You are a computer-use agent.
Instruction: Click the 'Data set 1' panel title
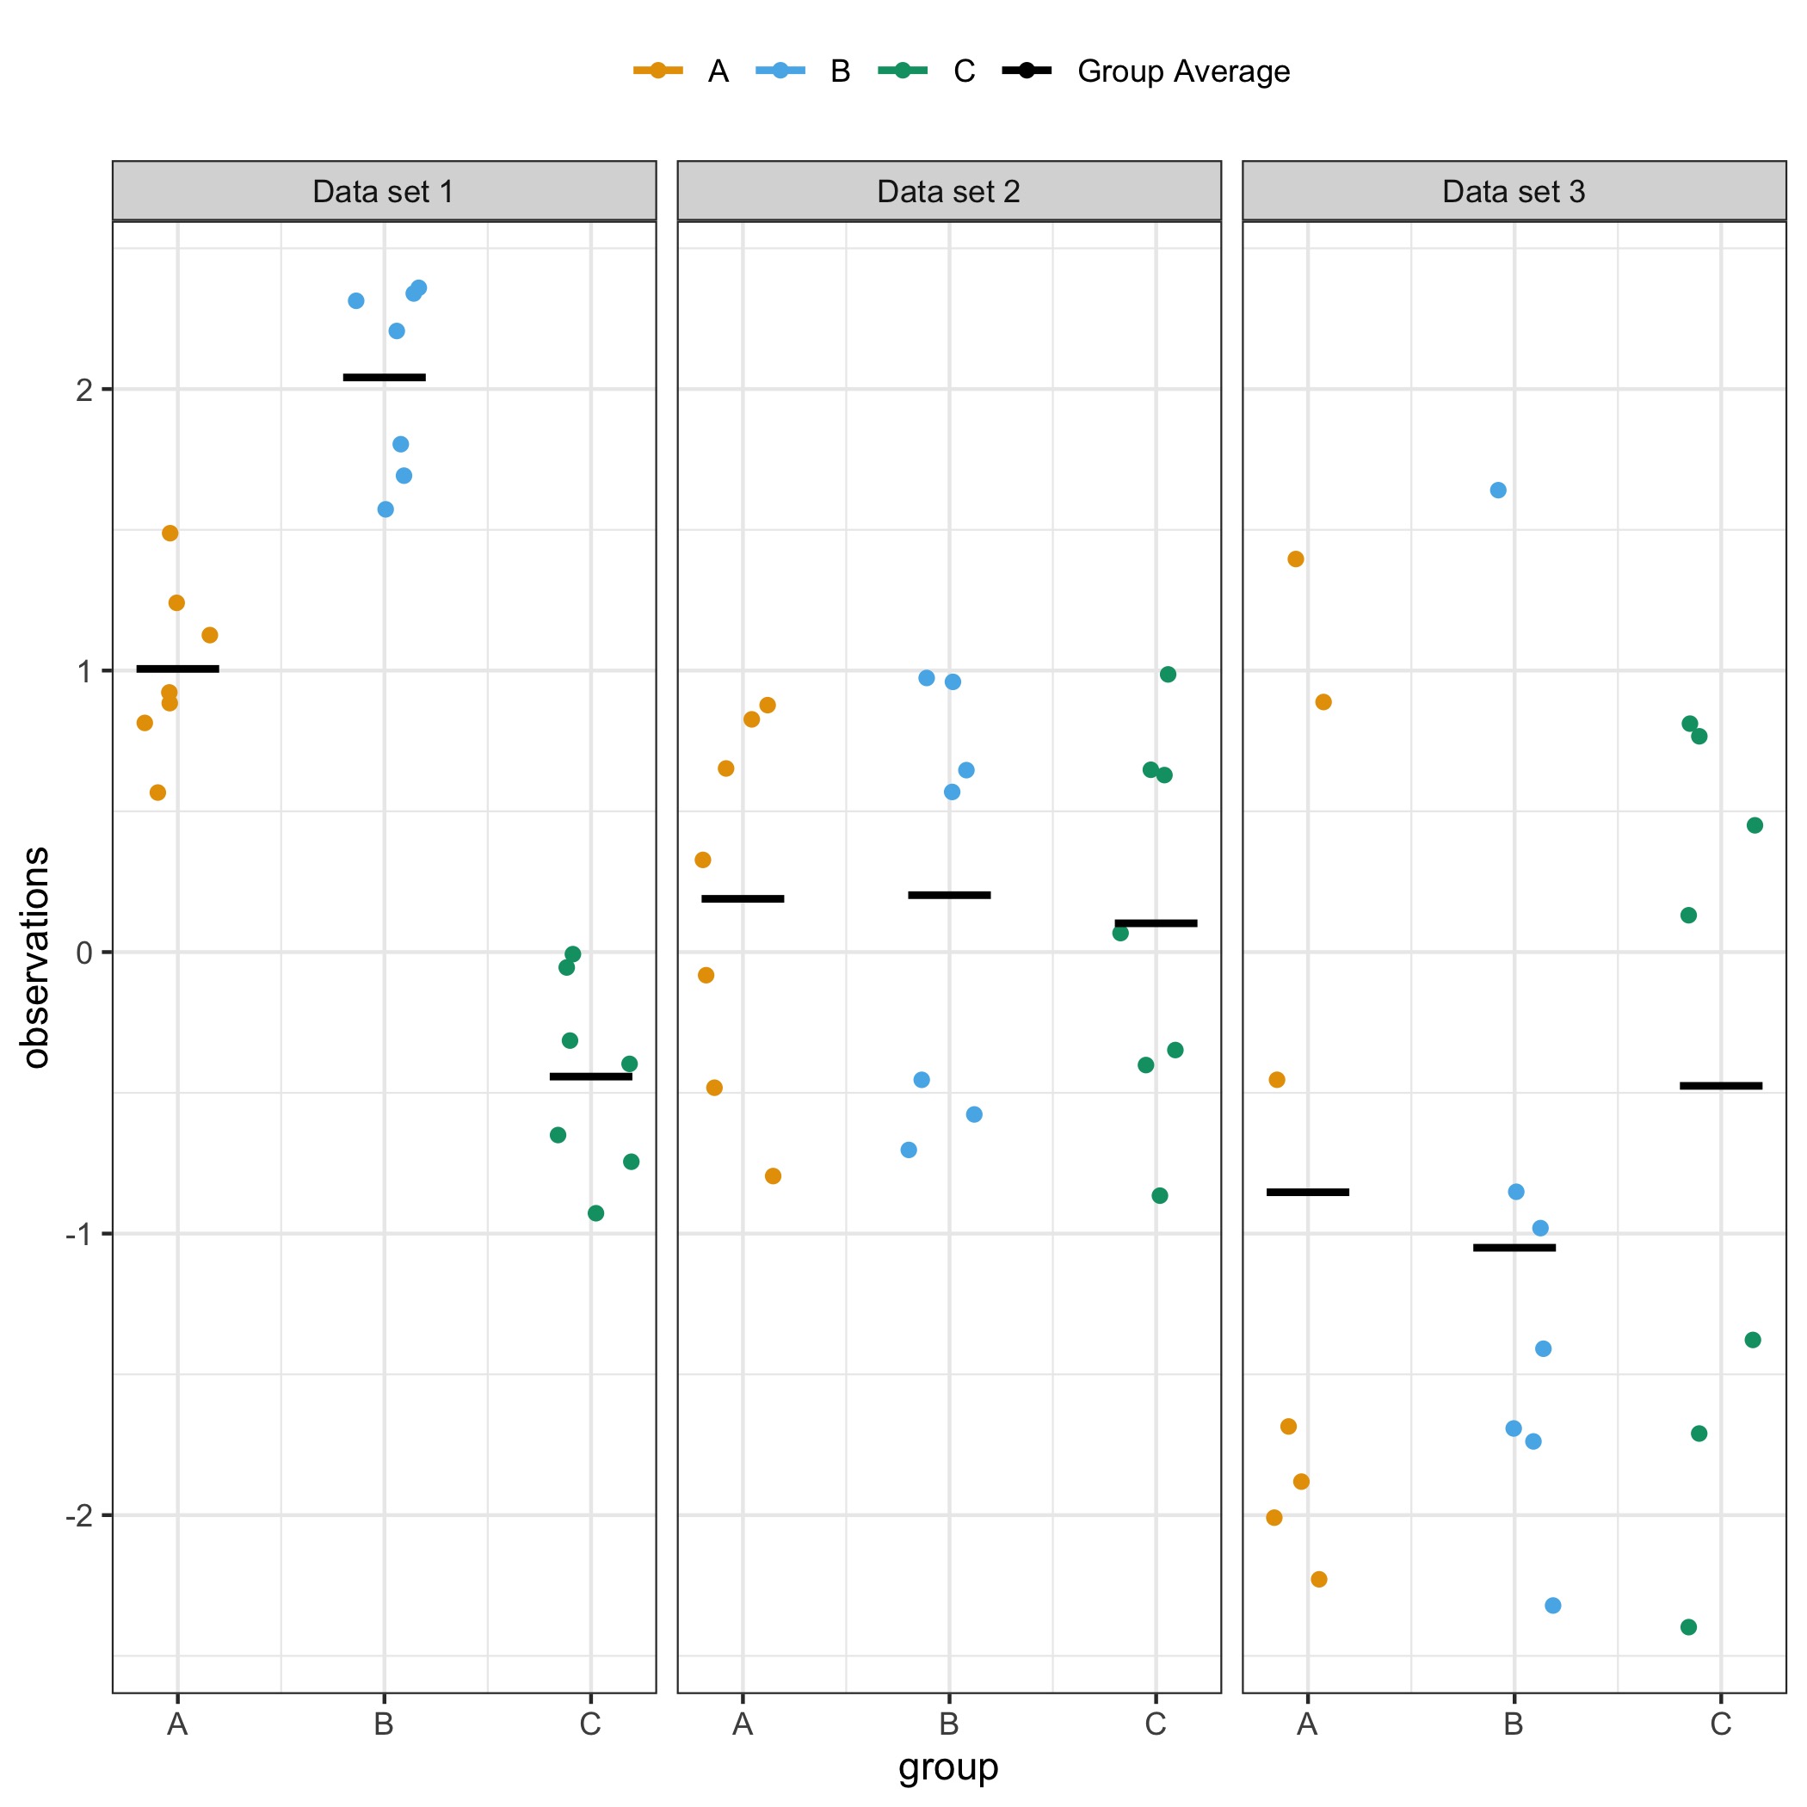(x=384, y=192)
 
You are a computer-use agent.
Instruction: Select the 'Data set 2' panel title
(x=948, y=192)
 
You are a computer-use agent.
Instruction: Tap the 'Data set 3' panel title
(x=1514, y=192)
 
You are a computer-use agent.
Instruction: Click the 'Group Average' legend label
(x=1183, y=71)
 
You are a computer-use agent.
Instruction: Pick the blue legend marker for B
(x=781, y=71)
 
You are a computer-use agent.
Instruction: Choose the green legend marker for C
(x=903, y=71)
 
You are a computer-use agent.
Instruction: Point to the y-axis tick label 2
(x=84, y=390)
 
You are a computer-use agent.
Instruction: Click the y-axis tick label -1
(x=79, y=1235)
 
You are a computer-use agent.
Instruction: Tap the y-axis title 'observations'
(x=35, y=957)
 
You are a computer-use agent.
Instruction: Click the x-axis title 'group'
(x=948, y=1767)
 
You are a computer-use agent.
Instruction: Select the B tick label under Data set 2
(x=948, y=1723)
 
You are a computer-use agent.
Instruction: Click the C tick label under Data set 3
(x=1721, y=1723)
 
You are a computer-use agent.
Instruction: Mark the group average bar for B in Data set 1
(x=385, y=378)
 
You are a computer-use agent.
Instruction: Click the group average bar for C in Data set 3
(x=1721, y=1086)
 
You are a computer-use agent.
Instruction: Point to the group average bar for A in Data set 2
(x=743, y=899)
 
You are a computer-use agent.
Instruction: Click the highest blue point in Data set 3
(x=1498, y=490)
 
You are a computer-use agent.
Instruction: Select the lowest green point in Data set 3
(x=1689, y=1627)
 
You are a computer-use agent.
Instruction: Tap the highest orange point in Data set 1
(x=170, y=533)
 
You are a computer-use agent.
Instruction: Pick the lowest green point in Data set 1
(x=595, y=1213)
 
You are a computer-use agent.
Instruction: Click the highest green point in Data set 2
(x=1169, y=675)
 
